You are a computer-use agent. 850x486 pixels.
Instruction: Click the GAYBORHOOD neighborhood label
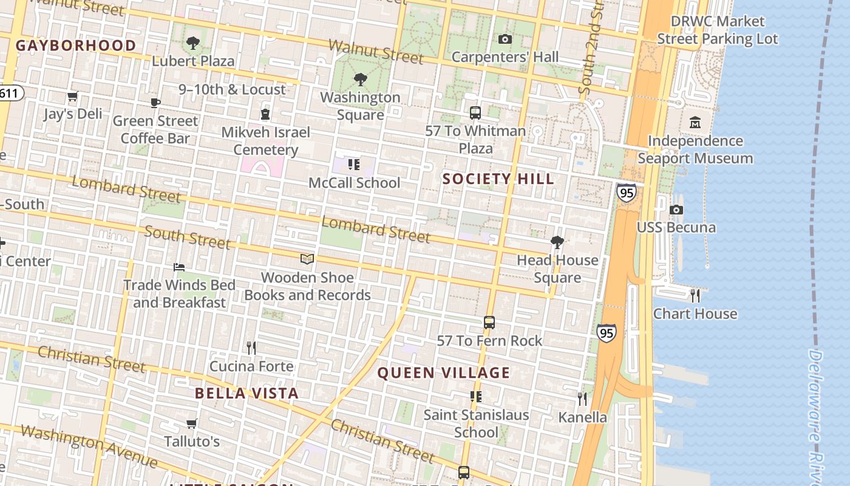76,46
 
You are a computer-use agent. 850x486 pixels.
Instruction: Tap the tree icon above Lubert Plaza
193,43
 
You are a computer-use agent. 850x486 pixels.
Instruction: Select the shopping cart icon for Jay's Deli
73,97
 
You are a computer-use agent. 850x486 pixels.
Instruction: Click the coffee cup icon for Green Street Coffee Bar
155,103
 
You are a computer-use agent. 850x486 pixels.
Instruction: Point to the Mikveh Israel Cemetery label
265,141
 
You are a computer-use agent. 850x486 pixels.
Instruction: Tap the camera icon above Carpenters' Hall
505,39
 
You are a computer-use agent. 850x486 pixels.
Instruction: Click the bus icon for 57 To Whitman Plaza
475,113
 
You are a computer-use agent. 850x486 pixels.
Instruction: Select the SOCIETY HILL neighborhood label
498,179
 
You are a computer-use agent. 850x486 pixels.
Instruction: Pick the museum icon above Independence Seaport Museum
695,123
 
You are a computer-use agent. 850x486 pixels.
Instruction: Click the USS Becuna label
676,228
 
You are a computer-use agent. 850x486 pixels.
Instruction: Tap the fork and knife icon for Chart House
695,296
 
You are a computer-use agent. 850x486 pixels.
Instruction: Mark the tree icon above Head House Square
557,242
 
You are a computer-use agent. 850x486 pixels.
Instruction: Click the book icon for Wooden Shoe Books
307,259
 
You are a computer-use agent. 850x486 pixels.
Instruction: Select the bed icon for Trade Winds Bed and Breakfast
179,267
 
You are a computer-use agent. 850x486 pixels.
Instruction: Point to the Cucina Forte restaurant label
251,366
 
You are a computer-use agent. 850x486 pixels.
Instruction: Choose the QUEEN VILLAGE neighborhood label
444,373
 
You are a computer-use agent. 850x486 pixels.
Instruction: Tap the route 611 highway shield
10,94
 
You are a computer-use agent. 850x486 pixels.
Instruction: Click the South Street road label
187,238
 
